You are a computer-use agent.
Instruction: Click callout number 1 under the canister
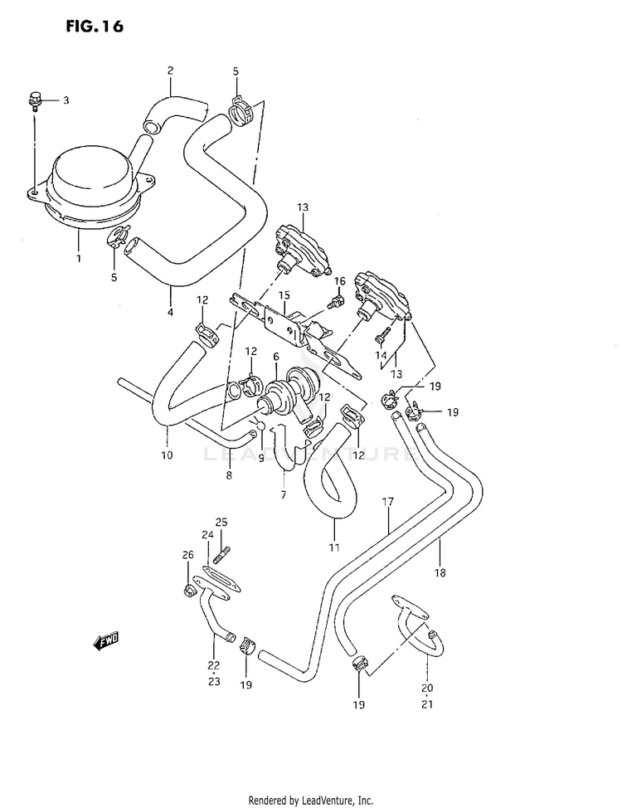click(x=79, y=259)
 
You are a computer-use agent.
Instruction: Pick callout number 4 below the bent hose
click(x=170, y=313)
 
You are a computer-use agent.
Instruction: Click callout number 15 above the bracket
click(x=284, y=294)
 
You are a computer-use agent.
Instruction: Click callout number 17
click(x=386, y=502)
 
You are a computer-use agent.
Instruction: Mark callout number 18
click(x=440, y=572)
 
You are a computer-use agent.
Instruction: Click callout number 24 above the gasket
click(x=207, y=535)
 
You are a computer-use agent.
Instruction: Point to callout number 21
click(x=427, y=705)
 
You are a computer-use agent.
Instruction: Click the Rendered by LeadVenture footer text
click(x=311, y=800)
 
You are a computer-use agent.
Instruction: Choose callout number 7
click(x=283, y=495)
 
